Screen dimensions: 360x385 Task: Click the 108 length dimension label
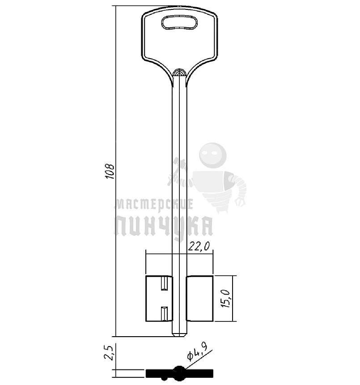tap(110, 171)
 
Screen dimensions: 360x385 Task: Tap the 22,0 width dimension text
tap(199, 246)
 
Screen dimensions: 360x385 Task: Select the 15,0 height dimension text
tap(225, 299)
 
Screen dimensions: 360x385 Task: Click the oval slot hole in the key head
tap(179, 22)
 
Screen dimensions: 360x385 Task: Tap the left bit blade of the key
tap(159, 298)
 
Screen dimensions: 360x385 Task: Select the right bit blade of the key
tap(199, 298)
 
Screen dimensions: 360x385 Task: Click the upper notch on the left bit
tap(164, 283)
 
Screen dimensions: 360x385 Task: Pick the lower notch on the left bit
tap(164, 313)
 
